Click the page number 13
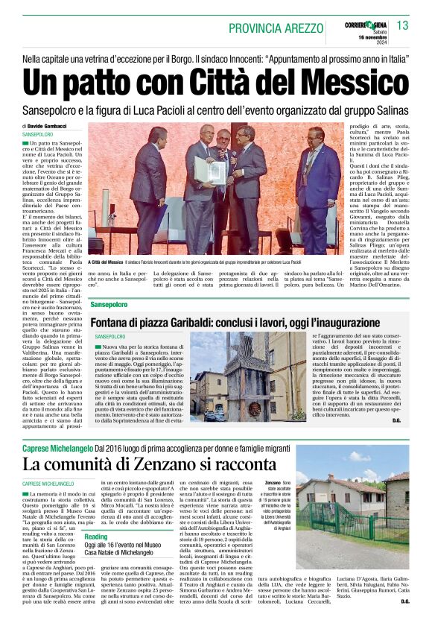tap(402, 26)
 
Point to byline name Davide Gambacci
tap(46, 127)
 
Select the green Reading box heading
tap(95, 537)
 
